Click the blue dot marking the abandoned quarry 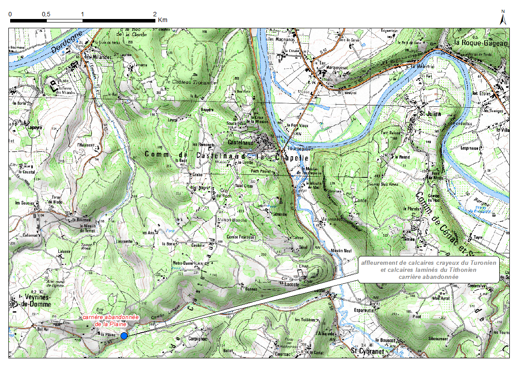click(x=124, y=336)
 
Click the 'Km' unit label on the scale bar click(x=162, y=20)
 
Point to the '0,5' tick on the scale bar click(x=46, y=14)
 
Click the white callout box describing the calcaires click(x=428, y=270)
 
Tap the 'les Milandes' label click(x=98, y=57)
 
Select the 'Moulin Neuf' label click(x=341, y=250)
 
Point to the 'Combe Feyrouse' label click(x=241, y=237)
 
